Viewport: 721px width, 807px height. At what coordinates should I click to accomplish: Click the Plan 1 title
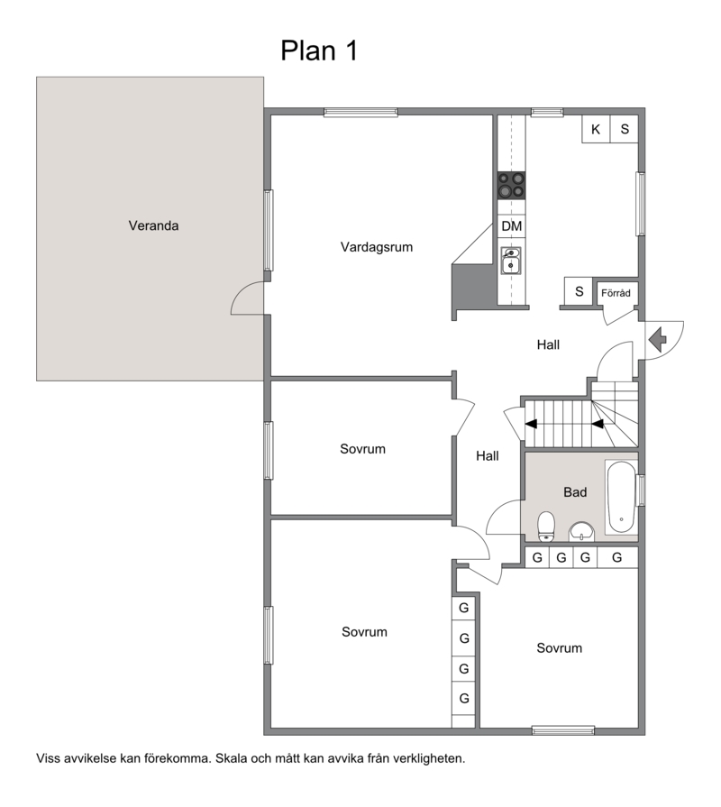tap(319, 50)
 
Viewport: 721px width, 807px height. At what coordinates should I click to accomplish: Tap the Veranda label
tap(153, 225)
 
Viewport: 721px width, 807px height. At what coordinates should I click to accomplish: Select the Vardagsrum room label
tap(377, 247)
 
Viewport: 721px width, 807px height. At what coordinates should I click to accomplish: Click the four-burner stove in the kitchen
tap(511, 185)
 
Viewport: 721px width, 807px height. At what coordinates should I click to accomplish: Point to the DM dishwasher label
tap(511, 226)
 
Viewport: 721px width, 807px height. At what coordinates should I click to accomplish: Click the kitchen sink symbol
tap(511, 260)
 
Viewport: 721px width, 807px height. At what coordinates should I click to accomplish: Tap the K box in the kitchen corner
tap(596, 129)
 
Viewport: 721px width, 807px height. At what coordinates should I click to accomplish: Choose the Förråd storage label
tap(616, 293)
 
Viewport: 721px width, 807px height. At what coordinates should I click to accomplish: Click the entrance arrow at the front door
tap(658, 340)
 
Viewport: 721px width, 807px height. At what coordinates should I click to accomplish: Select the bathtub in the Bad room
tap(621, 497)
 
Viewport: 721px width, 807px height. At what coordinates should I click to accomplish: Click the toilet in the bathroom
tap(545, 527)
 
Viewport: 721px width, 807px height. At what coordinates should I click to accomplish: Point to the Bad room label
tap(575, 492)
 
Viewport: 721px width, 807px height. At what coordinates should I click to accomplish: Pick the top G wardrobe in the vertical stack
tap(464, 608)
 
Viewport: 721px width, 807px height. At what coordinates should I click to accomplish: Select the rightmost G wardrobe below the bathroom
tap(617, 557)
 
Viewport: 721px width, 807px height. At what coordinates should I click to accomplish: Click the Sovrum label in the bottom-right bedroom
tap(559, 648)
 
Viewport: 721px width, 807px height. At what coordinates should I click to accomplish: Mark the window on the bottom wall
tap(563, 730)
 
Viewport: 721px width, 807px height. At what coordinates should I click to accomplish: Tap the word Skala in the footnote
tap(230, 758)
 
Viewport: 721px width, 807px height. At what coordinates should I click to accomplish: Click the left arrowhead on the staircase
tap(531, 424)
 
